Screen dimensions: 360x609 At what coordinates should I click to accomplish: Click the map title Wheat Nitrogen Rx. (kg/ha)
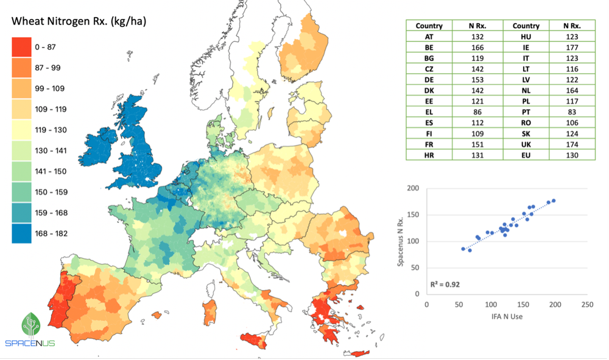coord(79,22)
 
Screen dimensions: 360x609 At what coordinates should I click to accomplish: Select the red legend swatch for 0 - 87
coord(22,47)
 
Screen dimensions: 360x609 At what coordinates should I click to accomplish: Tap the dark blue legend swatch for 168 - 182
coord(22,233)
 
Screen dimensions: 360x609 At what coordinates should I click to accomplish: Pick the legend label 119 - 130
coord(52,130)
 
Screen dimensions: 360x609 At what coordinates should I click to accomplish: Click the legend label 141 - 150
coord(52,171)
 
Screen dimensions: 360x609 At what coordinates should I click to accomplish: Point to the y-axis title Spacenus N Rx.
coord(411,241)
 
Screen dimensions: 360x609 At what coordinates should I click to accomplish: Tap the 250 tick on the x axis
coord(586,303)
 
